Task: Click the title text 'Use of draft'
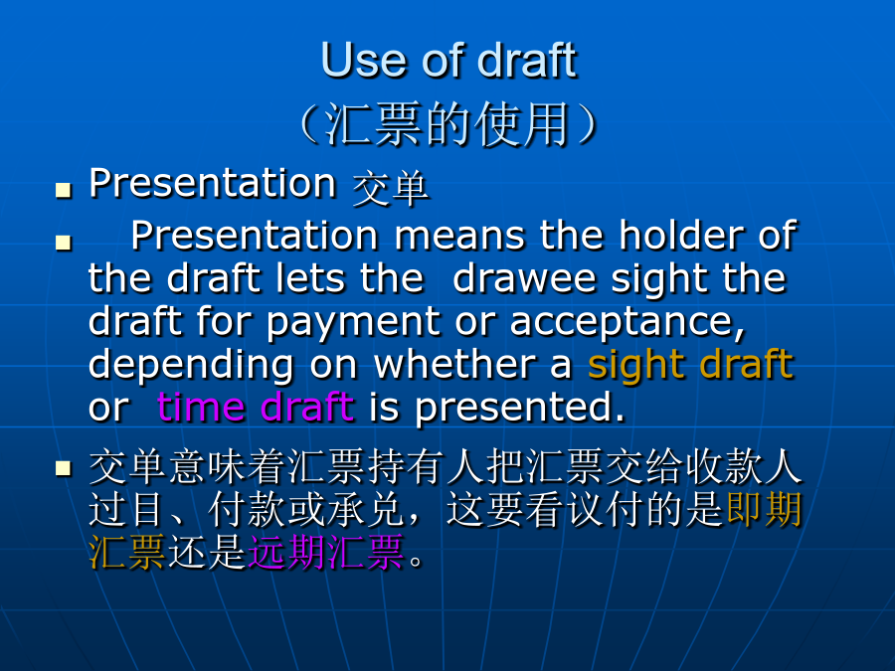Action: coord(449,60)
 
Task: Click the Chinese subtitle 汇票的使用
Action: coord(448,124)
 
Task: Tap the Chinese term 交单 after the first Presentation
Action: coord(391,188)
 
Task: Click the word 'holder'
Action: coord(681,235)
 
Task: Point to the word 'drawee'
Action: coord(524,278)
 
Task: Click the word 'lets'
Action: coord(310,278)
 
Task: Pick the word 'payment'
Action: coord(353,323)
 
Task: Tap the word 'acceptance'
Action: coord(627,323)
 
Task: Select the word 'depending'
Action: coord(191,366)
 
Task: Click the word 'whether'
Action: coord(454,364)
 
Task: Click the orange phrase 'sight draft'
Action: coord(691,365)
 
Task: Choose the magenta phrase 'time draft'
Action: coord(256,407)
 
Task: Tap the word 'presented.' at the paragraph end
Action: coord(520,408)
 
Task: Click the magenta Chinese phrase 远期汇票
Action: coord(326,553)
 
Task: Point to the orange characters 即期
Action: coord(765,509)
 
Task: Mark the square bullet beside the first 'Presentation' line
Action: coord(64,190)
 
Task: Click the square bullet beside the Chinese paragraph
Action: coord(64,469)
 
